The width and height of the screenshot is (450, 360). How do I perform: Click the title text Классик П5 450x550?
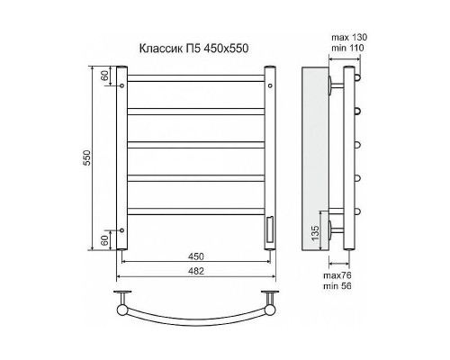(x=193, y=48)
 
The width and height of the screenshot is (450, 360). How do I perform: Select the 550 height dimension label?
(x=86, y=157)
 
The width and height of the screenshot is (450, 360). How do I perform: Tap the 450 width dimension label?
(x=196, y=256)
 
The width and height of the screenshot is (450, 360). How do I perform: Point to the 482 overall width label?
(x=196, y=271)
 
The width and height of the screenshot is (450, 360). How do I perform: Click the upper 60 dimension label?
(x=104, y=76)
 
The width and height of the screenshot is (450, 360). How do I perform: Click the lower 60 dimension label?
(x=104, y=240)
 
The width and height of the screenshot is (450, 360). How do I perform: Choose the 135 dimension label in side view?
(x=315, y=233)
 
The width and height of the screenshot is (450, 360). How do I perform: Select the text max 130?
(x=349, y=38)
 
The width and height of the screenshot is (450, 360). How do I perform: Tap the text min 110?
(x=347, y=48)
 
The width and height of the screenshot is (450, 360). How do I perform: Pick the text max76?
(x=337, y=275)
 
